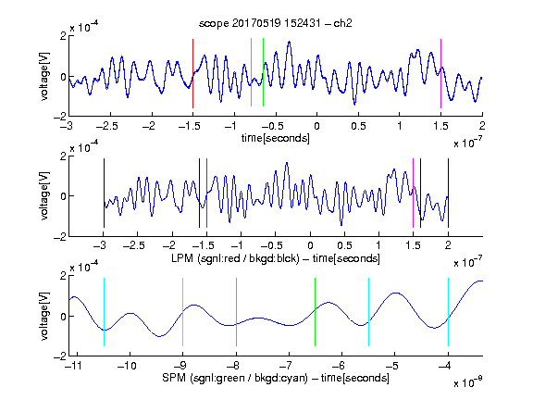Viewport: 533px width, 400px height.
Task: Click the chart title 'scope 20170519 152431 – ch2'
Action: point(276,23)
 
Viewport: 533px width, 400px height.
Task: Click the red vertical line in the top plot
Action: point(192,73)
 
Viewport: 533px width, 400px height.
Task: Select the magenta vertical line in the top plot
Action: point(440,73)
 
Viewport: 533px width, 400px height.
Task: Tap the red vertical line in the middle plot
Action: point(206,193)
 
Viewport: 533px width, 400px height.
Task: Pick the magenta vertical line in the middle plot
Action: point(413,193)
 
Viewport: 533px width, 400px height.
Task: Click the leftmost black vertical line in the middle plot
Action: point(104,193)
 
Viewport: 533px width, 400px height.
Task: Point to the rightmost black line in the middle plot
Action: point(448,193)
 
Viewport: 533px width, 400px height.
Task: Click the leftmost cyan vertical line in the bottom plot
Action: point(104,312)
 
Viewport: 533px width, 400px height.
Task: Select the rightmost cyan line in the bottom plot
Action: point(448,312)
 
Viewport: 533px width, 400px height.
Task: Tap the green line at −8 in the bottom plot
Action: point(236,312)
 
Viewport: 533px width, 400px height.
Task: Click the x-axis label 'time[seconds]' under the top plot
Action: point(276,138)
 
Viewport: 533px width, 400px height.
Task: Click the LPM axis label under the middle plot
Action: point(276,258)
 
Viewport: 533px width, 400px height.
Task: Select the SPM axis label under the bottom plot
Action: point(276,378)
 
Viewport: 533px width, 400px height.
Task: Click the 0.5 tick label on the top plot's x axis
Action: point(358,126)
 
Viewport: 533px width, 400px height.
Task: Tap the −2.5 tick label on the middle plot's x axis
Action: point(134,245)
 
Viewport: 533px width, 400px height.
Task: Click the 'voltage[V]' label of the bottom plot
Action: point(44,316)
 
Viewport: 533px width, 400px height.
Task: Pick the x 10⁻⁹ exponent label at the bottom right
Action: point(468,382)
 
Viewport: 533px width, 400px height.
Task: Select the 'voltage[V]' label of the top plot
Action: point(44,76)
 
